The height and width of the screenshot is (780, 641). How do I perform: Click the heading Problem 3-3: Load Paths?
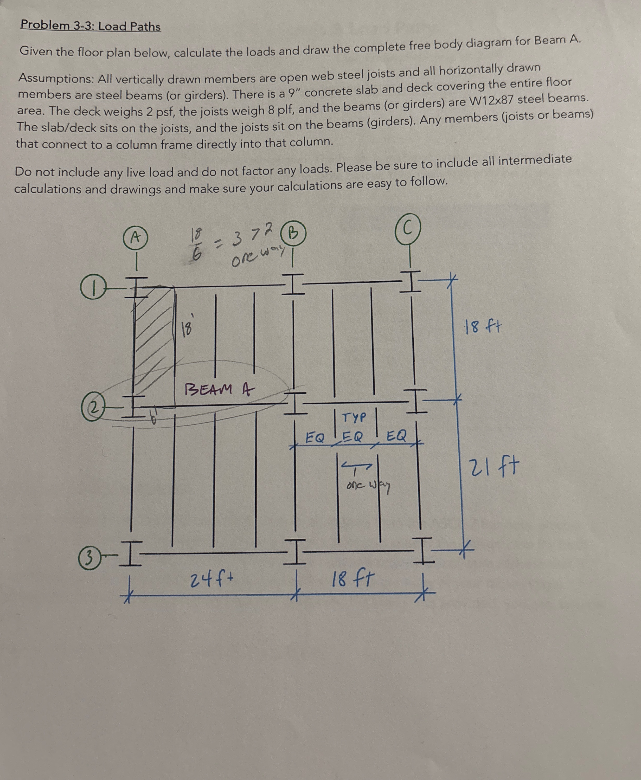pyautogui.click(x=91, y=26)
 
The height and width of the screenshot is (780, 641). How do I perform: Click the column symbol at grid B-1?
pyautogui.click(x=293, y=284)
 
